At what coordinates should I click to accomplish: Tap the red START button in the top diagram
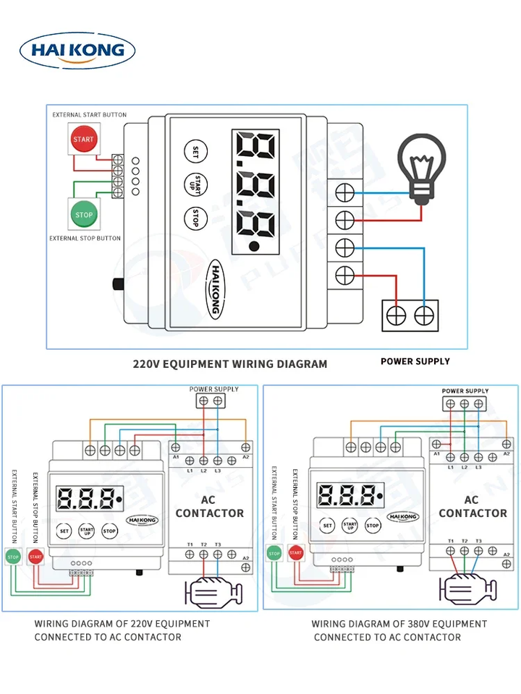pyautogui.click(x=83, y=139)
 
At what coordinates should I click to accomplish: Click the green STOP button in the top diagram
pyautogui.click(x=84, y=214)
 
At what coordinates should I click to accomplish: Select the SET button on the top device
pyautogui.click(x=195, y=151)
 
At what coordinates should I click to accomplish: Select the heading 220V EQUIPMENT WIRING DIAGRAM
pyautogui.click(x=230, y=364)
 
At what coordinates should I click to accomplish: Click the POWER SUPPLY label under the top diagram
pyautogui.click(x=415, y=361)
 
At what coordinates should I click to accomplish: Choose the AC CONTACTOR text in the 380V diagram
pyautogui.click(x=473, y=506)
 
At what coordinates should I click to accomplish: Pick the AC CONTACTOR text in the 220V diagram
pyautogui.click(x=210, y=506)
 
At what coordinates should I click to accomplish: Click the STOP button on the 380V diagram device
pyautogui.click(x=373, y=526)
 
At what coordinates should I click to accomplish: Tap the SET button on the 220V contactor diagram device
pyautogui.click(x=64, y=531)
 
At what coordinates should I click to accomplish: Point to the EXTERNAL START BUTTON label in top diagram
pyautogui.click(x=89, y=115)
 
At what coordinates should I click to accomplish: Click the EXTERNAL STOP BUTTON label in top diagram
pyautogui.click(x=85, y=238)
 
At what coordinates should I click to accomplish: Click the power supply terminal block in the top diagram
pyautogui.click(x=410, y=315)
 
